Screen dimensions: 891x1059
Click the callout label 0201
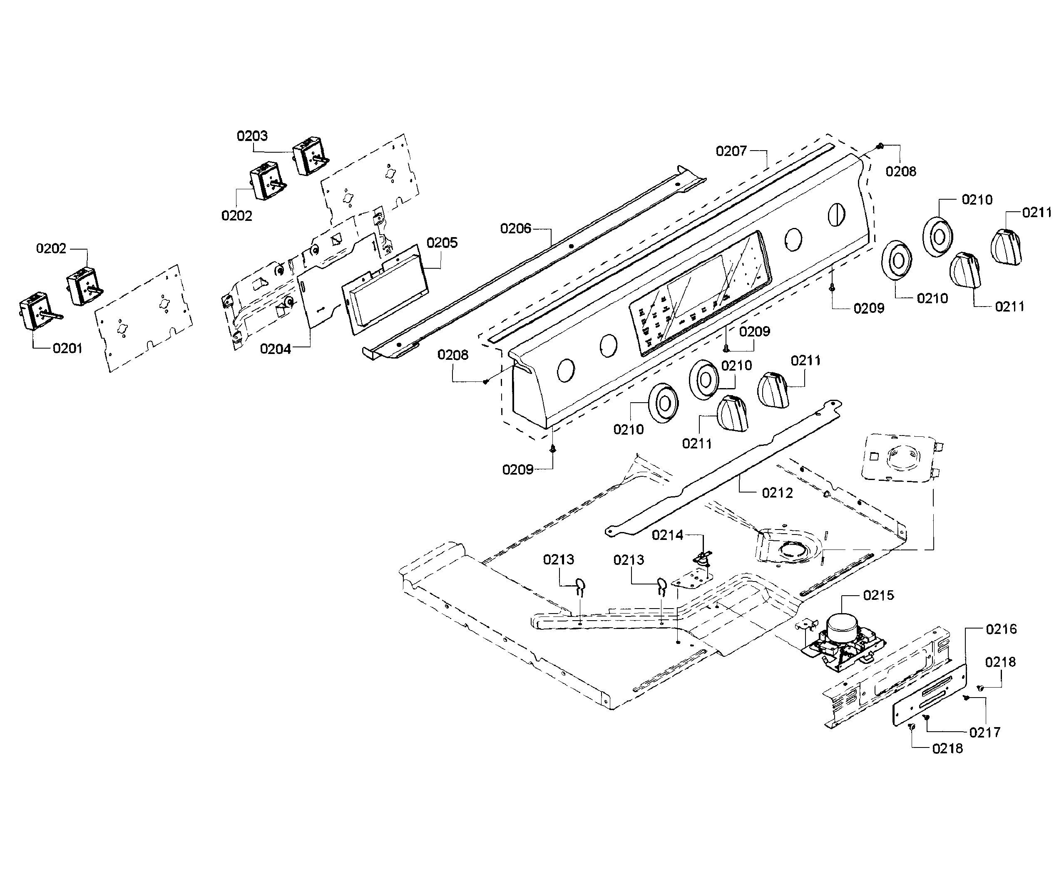click(x=67, y=348)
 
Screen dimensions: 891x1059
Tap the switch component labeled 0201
click(x=35, y=310)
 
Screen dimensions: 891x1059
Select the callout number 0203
click(x=252, y=136)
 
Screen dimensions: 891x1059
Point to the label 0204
click(x=276, y=349)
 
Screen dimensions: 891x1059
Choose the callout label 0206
click(x=516, y=229)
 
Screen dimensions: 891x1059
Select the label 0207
click(x=731, y=151)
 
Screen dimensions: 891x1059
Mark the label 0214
click(x=667, y=535)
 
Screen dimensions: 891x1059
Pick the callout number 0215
click(x=878, y=596)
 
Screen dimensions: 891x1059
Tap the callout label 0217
click(x=984, y=732)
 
